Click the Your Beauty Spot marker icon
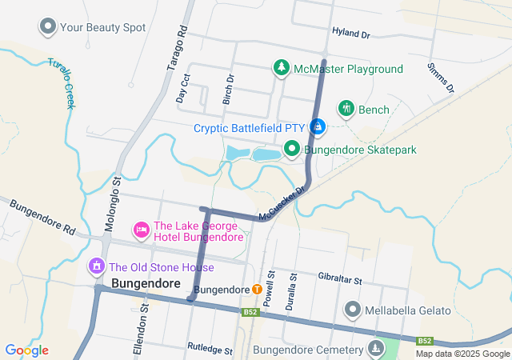(47, 27)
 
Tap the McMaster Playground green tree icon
(281, 69)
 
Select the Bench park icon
(346, 109)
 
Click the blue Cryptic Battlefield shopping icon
(318, 127)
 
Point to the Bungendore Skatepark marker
(292, 149)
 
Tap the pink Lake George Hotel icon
(142, 230)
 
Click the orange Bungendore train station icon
(257, 289)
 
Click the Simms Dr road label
(441, 77)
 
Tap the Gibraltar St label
(340, 281)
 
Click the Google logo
(26, 350)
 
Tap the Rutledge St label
(210, 350)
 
